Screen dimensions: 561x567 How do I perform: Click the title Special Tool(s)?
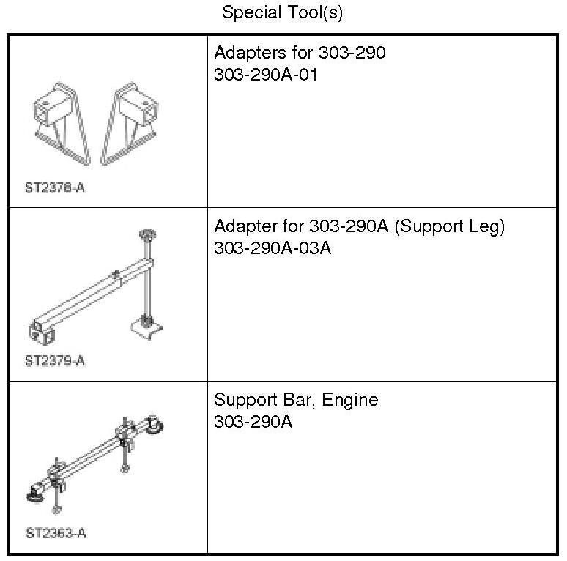point(283,12)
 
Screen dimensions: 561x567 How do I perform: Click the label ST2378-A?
point(56,187)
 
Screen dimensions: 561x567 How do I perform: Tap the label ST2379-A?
point(56,361)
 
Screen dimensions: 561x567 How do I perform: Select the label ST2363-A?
point(56,533)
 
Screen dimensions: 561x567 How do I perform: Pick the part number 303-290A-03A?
point(273,248)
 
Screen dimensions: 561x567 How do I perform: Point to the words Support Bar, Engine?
point(296,401)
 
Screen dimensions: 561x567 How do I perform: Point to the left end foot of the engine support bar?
point(34,497)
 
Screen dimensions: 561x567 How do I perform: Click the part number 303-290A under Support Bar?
point(253,422)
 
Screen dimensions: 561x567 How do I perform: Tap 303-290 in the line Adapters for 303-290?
point(352,53)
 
